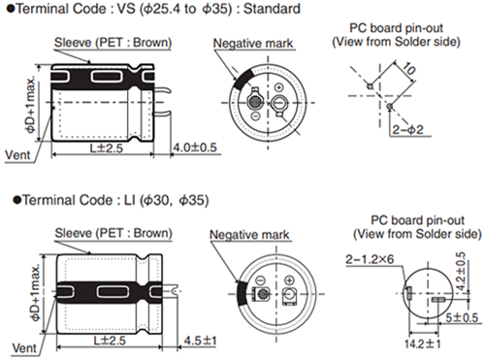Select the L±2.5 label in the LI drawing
pyautogui.click(x=109, y=341)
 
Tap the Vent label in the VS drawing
pyautogui.click(x=17, y=154)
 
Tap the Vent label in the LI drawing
pyautogui.click(x=16, y=345)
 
